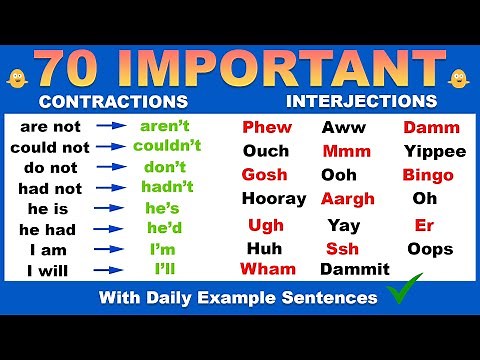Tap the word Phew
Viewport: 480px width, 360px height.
[267, 128]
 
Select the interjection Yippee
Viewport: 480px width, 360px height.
[435, 152]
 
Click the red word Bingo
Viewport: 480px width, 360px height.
[428, 175]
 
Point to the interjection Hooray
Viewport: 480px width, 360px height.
[273, 199]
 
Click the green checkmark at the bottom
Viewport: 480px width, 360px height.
[404, 295]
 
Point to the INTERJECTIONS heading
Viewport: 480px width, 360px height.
[361, 101]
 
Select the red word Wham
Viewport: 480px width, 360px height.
[268, 269]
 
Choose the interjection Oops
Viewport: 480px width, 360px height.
[429, 249]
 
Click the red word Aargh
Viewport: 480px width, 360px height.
[347, 199]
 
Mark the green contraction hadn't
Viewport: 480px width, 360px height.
[166, 187]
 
